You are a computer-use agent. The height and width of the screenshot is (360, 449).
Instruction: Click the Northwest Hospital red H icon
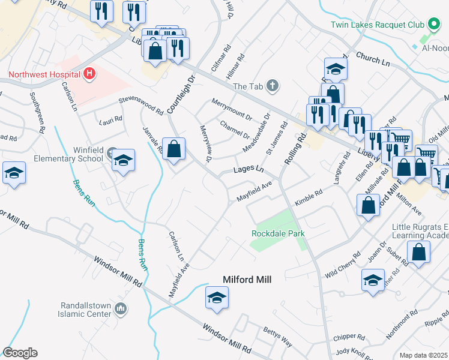89,74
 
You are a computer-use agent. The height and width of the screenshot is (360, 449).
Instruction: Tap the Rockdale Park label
278,233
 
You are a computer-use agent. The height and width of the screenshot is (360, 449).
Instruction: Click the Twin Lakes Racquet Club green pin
433,25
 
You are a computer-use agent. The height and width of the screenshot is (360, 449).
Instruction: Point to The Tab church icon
273,86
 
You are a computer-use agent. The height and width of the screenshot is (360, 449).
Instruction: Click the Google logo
20,353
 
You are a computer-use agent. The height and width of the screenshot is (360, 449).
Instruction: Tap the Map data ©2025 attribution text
423,355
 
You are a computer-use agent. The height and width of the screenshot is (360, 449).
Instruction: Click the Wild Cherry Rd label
343,264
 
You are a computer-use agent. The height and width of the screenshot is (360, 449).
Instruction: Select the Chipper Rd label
349,337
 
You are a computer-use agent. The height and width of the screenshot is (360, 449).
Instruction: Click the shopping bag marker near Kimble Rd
367,206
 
